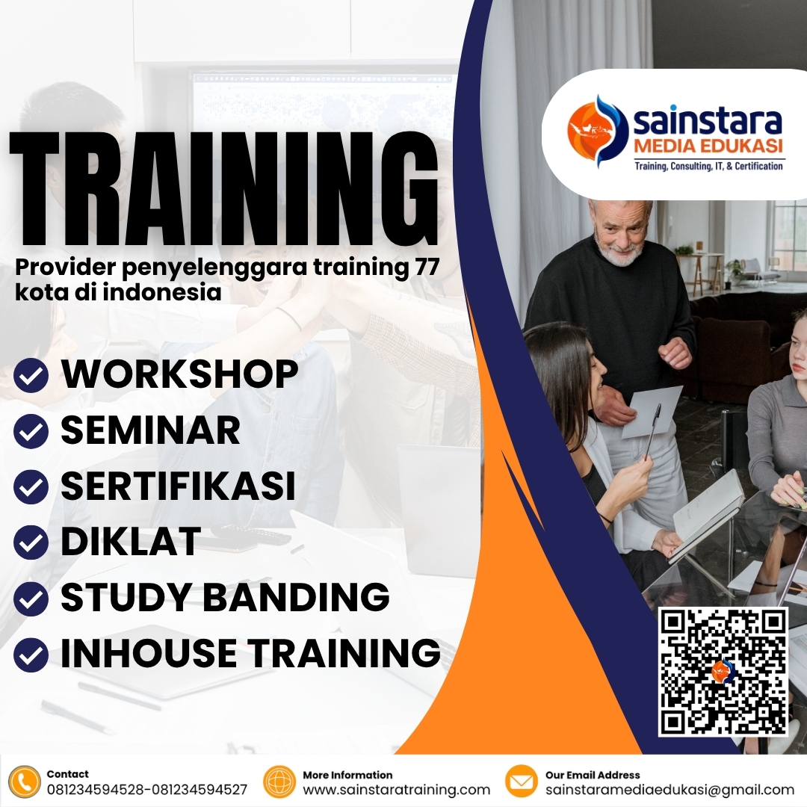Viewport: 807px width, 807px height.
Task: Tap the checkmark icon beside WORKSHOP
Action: pyautogui.click(x=31, y=376)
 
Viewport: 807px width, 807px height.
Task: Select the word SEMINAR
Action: pyautogui.click(x=150, y=430)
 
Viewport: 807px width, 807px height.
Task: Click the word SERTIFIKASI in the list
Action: pyautogui.click(x=178, y=486)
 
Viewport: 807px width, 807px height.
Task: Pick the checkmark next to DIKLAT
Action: pyautogui.click(x=31, y=542)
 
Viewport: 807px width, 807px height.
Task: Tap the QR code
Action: pyautogui.click(x=723, y=671)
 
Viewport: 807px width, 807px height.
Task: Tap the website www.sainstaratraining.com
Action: pyautogui.click(x=396, y=790)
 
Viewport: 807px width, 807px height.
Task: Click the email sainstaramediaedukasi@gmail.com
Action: pyautogui.click(x=670, y=790)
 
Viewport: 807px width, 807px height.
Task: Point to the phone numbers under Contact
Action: pyautogui.click(x=146, y=790)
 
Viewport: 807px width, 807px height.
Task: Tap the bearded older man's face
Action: pyautogui.click(x=619, y=232)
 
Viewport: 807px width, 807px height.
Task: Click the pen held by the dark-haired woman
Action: pyautogui.click(x=652, y=430)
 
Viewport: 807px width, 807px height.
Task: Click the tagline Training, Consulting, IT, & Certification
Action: pyautogui.click(x=708, y=166)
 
